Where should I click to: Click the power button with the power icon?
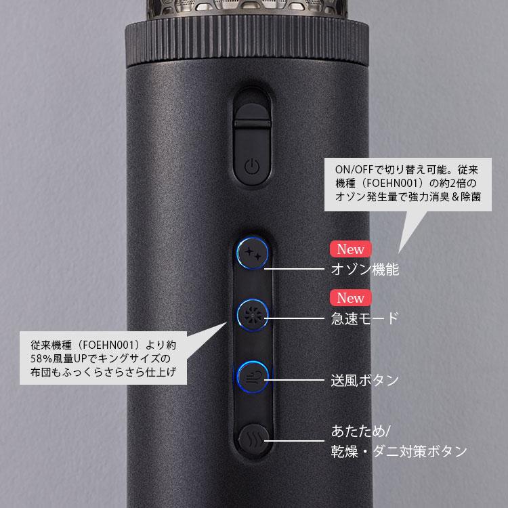click(251, 166)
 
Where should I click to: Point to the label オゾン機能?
click(364, 270)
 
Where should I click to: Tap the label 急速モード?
click(364, 318)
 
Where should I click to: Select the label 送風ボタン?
click(364, 380)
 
